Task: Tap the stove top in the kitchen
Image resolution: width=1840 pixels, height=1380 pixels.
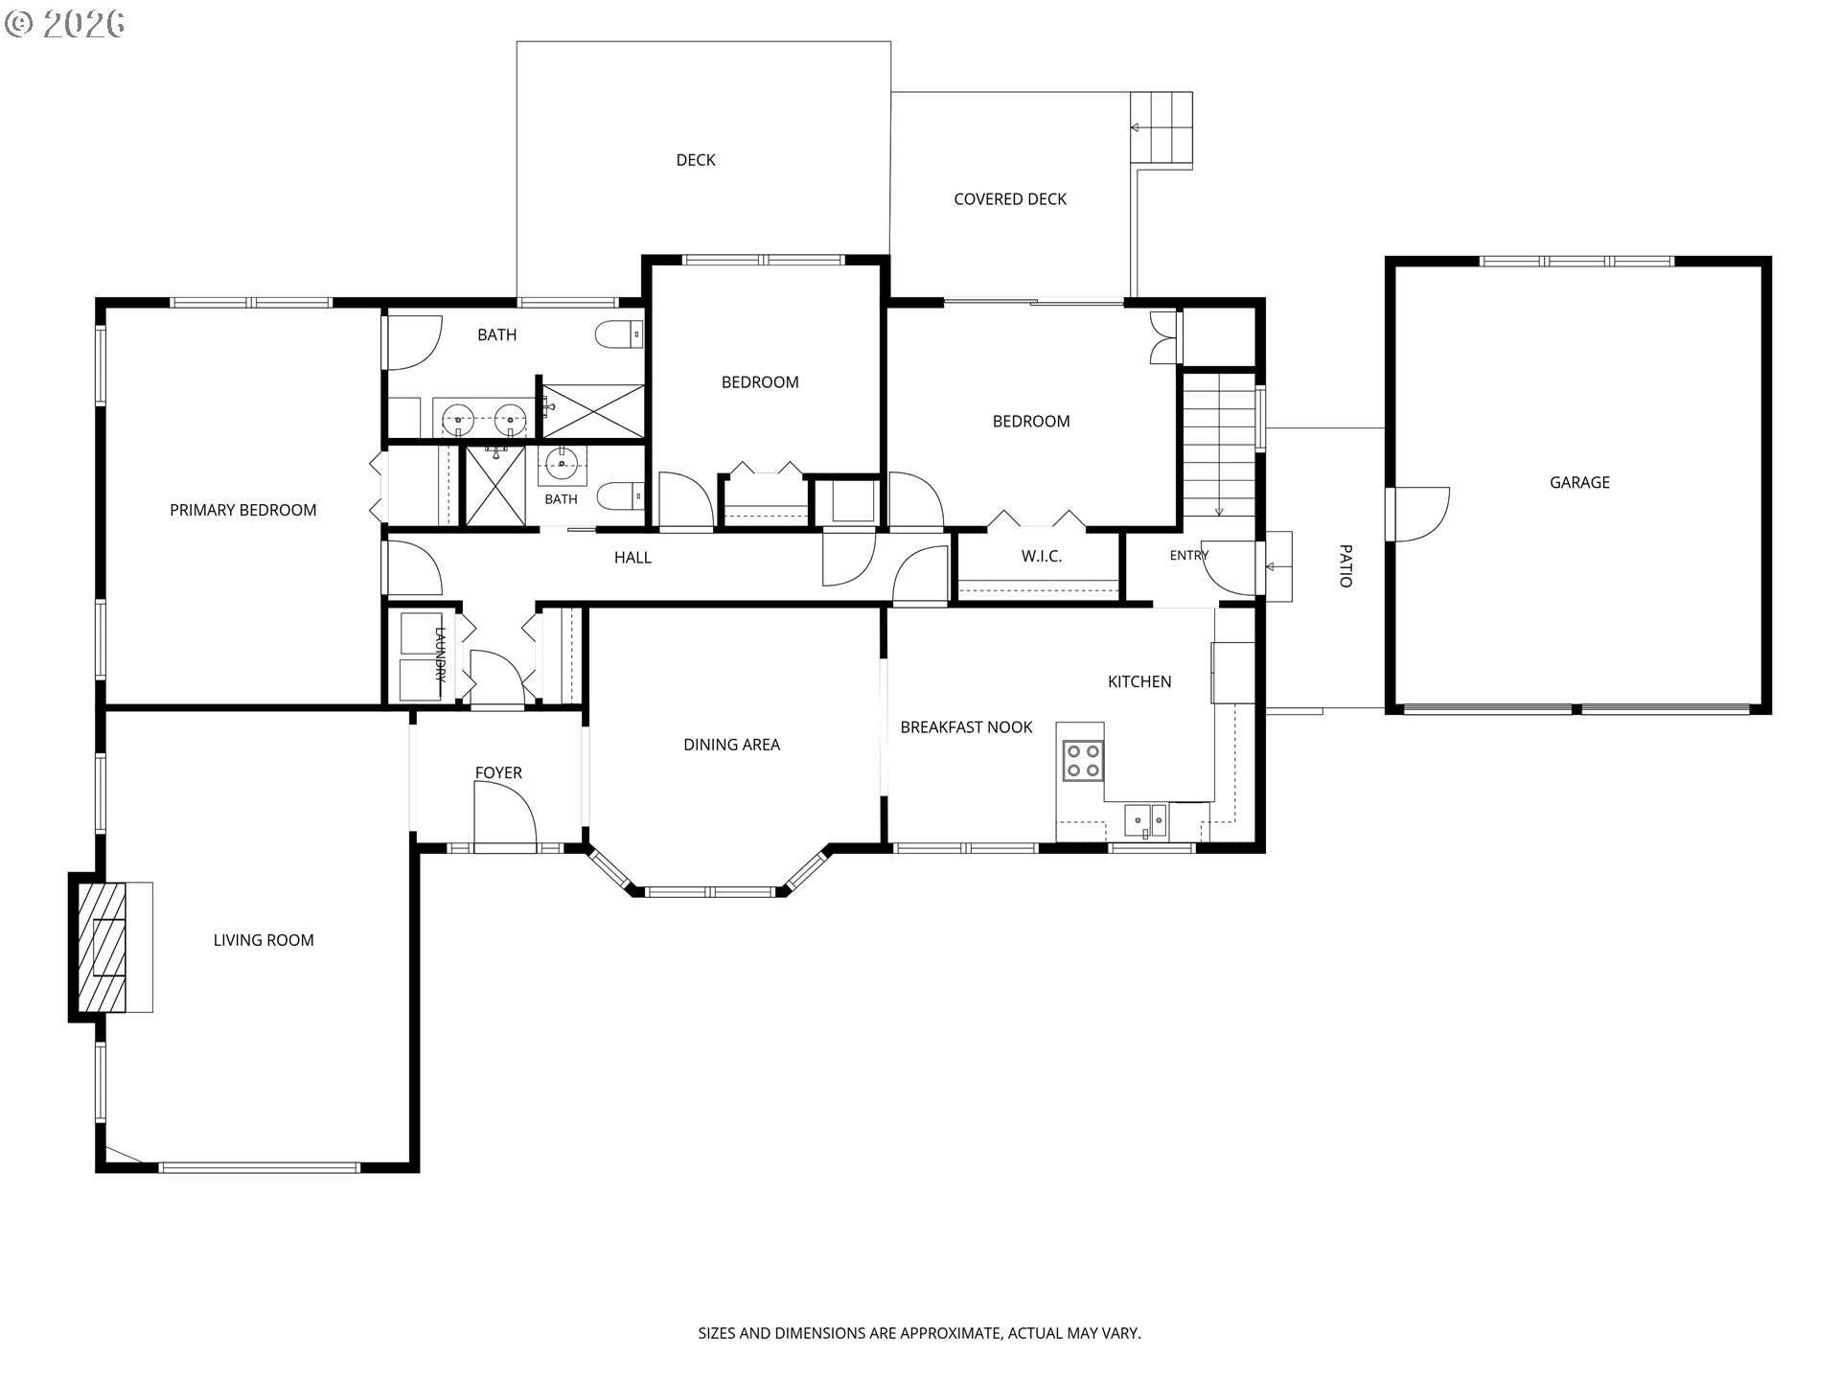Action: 1083,761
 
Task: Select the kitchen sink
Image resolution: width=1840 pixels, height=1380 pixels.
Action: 1146,819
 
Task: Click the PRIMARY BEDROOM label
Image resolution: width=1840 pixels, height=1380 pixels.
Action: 243,510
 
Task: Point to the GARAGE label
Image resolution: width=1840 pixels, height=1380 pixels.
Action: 1579,482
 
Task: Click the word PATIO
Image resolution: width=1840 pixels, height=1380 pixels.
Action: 1345,565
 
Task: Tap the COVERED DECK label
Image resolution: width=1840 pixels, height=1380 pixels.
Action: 1010,199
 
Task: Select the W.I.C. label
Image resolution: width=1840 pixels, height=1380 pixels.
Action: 1042,556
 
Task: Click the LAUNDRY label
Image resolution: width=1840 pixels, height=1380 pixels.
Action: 441,654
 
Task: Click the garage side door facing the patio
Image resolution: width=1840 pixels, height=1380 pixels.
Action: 1419,515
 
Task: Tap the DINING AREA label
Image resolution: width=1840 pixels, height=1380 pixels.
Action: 731,745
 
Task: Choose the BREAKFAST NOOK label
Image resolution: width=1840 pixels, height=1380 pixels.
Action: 966,727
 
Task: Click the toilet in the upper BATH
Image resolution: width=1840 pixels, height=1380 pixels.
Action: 619,334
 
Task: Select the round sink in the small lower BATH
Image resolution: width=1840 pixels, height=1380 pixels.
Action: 562,465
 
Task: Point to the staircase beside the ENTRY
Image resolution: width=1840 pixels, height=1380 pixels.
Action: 1218,445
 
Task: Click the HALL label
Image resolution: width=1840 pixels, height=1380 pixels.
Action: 632,558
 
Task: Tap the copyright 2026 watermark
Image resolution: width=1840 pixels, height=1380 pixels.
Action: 65,23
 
